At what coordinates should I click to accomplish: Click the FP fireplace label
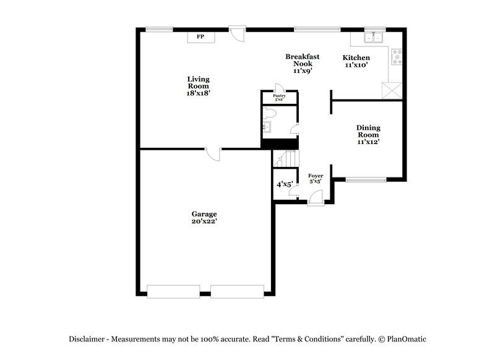pos(200,37)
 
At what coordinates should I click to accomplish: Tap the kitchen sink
pos(373,38)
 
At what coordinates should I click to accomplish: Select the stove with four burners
pos(397,57)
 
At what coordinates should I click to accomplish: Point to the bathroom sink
pos(267,129)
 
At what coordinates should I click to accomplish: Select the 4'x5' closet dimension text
pos(284,184)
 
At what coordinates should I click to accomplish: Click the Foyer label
pos(316,176)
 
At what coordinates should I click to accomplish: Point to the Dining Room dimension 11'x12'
pos(368,142)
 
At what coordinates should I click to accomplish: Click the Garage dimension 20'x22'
pos(204,221)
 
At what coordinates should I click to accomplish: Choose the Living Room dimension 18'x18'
pos(199,93)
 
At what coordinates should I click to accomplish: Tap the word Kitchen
pos(356,58)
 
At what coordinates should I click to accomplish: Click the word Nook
pos(303,64)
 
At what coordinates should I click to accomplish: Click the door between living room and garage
pos(213,153)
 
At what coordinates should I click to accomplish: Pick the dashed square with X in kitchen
pos(392,90)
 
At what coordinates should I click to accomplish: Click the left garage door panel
pos(173,291)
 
